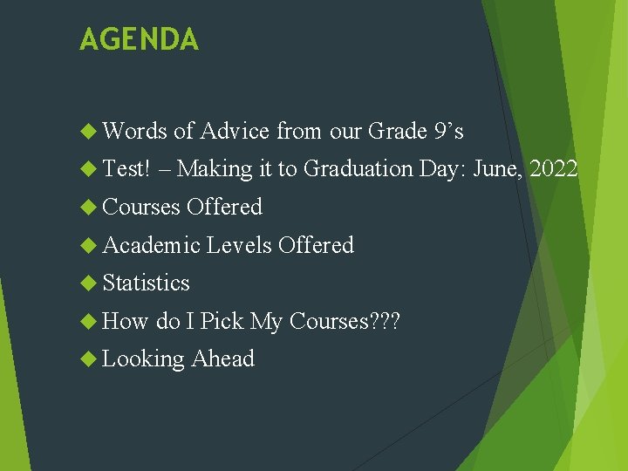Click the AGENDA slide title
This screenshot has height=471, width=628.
click(139, 39)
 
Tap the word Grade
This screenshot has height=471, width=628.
click(397, 132)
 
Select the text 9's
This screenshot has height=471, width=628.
click(448, 132)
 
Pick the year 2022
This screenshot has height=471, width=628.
click(553, 169)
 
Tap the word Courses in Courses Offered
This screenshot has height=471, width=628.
click(141, 208)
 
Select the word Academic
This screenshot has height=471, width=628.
click(152, 245)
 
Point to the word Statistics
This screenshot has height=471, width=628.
click(146, 283)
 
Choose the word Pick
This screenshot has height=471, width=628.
click(222, 322)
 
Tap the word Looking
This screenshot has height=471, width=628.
click(144, 359)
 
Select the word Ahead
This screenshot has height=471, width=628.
click(223, 358)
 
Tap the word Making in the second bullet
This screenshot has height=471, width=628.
click(215, 169)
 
